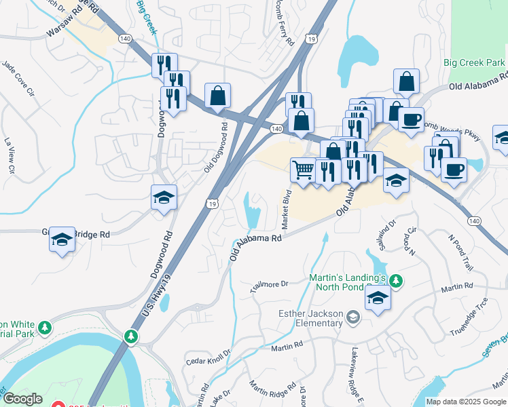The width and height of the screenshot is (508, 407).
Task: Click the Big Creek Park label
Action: (474, 62)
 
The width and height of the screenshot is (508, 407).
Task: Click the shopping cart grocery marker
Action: (303, 169)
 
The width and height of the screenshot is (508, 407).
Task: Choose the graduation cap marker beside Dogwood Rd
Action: (164, 197)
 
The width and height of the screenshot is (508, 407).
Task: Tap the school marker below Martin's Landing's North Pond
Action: (378, 297)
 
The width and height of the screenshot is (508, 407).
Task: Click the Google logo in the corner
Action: (23, 399)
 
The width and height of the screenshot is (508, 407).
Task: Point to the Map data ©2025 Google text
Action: (466, 402)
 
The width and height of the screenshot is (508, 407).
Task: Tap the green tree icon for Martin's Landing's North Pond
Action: (395, 280)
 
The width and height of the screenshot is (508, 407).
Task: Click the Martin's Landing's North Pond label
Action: (348, 284)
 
